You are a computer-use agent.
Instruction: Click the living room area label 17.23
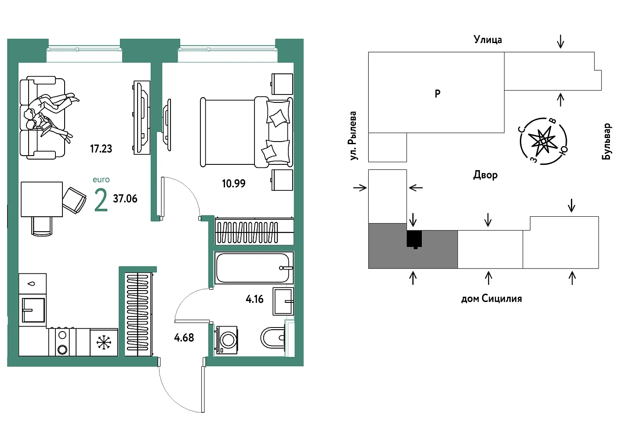(x=101, y=149)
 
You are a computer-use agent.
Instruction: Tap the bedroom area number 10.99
(x=233, y=184)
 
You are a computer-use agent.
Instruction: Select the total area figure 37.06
(x=125, y=199)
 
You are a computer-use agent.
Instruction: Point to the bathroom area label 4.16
(x=254, y=299)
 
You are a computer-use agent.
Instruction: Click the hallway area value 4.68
(x=184, y=338)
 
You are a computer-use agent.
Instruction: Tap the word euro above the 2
(x=101, y=179)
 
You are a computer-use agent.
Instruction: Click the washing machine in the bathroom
(x=227, y=339)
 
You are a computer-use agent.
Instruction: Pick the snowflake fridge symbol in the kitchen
(x=104, y=342)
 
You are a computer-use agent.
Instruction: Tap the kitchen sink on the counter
(x=33, y=310)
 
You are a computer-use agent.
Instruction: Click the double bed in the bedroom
(x=246, y=132)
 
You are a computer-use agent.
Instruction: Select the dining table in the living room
(x=42, y=199)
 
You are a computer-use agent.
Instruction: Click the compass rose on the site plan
(x=543, y=141)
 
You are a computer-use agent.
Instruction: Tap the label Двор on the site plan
(x=485, y=175)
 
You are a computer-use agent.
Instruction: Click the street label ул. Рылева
(x=352, y=136)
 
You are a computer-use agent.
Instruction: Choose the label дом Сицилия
(x=491, y=299)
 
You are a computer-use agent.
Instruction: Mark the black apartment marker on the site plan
(x=414, y=239)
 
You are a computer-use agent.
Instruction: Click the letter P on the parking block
(x=437, y=94)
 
